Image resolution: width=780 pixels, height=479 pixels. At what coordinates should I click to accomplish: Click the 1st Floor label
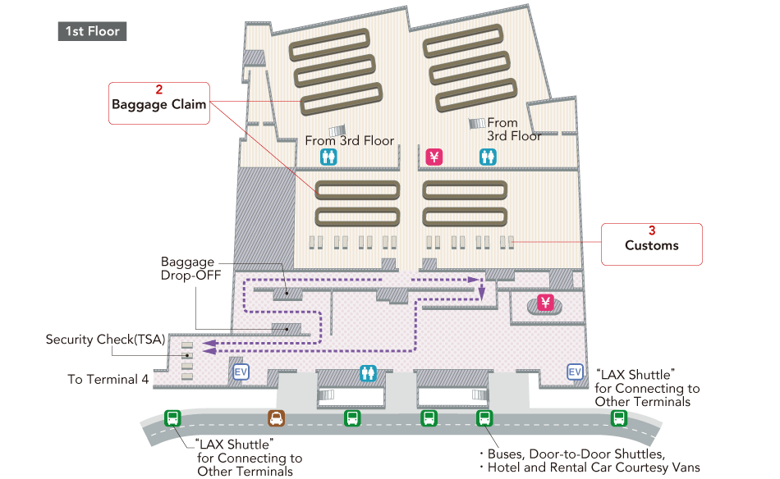pyautogui.click(x=93, y=31)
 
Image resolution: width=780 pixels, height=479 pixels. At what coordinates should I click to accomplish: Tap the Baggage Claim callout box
pyautogui.click(x=158, y=103)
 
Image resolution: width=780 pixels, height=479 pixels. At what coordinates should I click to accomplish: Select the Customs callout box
pyautogui.click(x=651, y=244)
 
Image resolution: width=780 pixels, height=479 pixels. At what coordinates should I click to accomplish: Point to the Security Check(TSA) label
pyautogui.click(x=105, y=340)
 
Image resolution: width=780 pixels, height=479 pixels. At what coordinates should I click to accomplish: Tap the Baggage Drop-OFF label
pyautogui.click(x=190, y=268)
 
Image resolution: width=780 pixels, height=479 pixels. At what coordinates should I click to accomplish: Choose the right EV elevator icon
pyautogui.click(x=575, y=372)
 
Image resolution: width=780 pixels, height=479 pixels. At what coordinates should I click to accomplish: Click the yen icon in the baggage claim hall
pyautogui.click(x=434, y=157)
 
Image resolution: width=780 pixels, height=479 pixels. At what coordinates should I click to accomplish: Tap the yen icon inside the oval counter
pyautogui.click(x=545, y=303)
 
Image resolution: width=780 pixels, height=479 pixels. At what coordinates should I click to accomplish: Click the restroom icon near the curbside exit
pyautogui.click(x=367, y=374)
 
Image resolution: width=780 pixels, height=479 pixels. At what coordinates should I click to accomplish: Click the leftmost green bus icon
pyautogui.click(x=172, y=418)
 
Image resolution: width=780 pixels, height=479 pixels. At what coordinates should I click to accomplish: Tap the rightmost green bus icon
pyautogui.click(x=618, y=418)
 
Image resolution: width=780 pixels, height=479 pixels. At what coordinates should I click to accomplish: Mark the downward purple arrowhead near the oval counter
pyautogui.click(x=482, y=294)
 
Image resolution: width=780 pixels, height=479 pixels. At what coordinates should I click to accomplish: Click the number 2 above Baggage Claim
pyautogui.click(x=158, y=89)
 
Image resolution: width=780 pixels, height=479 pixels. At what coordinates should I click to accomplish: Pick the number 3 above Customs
pyautogui.click(x=651, y=231)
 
